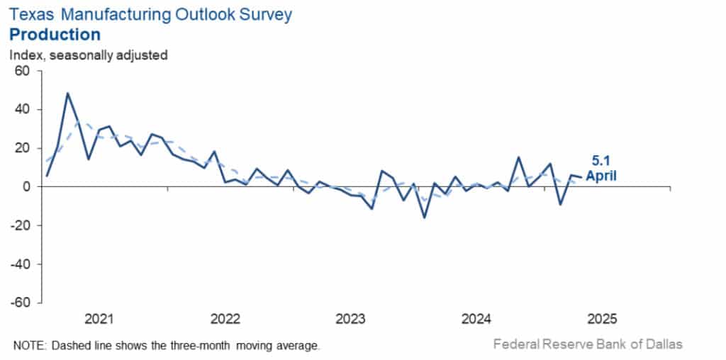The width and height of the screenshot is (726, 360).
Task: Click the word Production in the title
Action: coord(55,34)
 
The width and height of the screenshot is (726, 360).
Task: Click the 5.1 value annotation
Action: coord(599,160)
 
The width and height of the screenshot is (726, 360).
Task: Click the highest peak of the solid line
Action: coord(68,93)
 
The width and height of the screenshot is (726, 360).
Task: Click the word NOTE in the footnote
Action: coord(29,345)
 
